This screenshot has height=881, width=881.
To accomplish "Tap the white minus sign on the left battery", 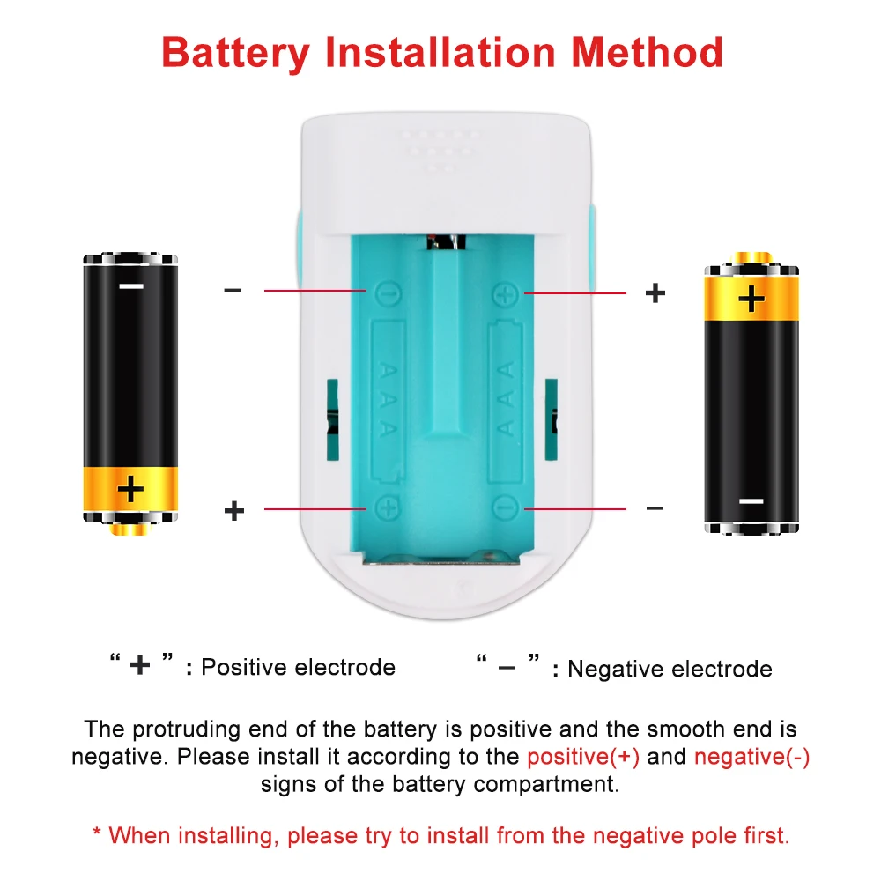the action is (x=131, y=286).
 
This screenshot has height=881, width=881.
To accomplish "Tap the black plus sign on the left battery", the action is (x=130, y=488).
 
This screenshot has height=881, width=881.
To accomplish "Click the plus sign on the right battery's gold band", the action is (x=751, y=299).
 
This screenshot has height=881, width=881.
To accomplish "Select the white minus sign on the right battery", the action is (x=751, y=500).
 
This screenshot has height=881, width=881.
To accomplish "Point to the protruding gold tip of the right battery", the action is (x=751, y=258).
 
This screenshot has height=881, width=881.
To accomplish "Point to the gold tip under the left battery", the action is (x=130, y=529).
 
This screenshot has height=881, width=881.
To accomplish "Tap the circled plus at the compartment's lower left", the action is (x=386, y=508).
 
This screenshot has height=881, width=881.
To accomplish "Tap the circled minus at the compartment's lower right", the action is (x=504, y=508).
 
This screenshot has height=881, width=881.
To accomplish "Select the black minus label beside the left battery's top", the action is (x=233, y=290).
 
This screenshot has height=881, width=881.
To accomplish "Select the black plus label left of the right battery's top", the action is (x=655, y=293).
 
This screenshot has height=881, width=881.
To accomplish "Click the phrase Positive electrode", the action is (x=298, y=667).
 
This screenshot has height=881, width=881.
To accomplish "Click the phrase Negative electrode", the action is (x=670, y=670).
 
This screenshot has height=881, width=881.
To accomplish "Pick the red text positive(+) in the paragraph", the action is (x=583, y=757).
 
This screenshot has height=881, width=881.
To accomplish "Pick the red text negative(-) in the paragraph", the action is (x=751, y=757).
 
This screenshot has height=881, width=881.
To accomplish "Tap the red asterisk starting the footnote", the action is (x=97, y=833).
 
